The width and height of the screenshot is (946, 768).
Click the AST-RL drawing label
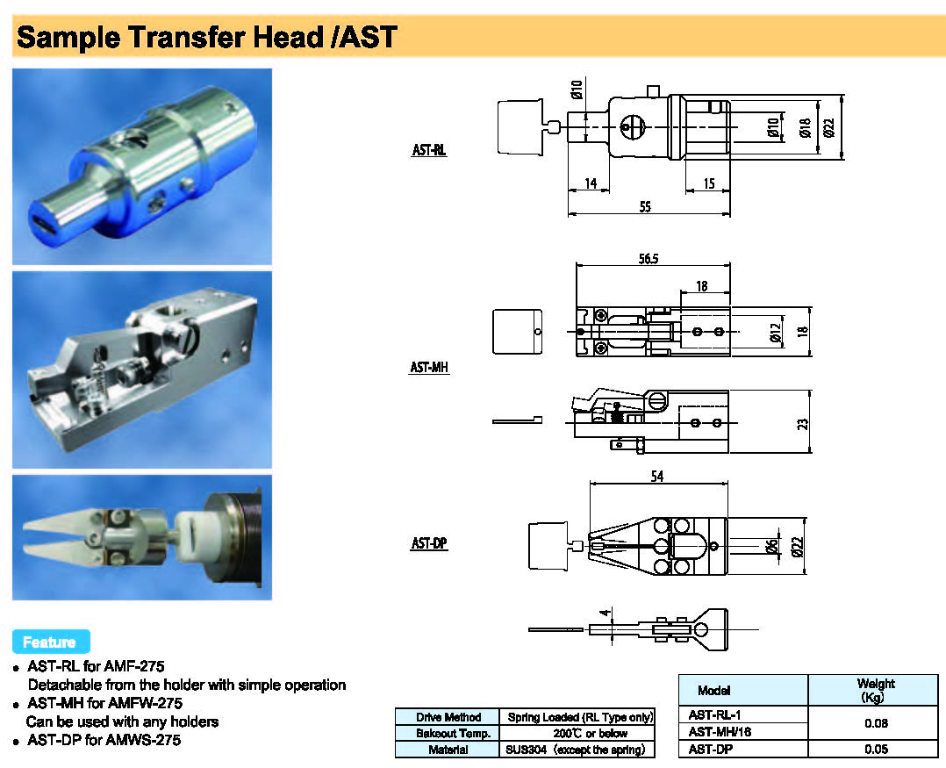click(429, 149)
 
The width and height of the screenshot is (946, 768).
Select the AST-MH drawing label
click(429, 367)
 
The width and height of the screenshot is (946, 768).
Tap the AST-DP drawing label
click(429, 543)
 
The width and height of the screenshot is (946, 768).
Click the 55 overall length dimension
click(645, 207)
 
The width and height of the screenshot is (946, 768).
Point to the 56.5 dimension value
click(649, 259)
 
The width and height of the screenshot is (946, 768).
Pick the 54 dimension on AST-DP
click(657, 476)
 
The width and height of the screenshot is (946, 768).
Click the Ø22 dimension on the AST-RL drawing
click(829, 126)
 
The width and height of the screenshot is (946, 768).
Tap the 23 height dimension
click(802, 424)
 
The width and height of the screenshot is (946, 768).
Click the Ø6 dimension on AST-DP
click(771, 546)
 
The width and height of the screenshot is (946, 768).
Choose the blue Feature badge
click(51, 642)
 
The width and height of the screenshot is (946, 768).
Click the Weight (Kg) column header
click(875, 690)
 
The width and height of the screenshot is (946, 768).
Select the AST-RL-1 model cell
click(714, 714)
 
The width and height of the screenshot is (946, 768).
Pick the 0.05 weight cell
click(876, 749)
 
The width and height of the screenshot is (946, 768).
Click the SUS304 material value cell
click(577, 750)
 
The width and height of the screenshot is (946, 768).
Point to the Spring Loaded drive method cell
click(580, 717)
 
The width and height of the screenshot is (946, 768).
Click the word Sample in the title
click(68, 38)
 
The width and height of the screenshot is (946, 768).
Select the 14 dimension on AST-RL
click(591, 183)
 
